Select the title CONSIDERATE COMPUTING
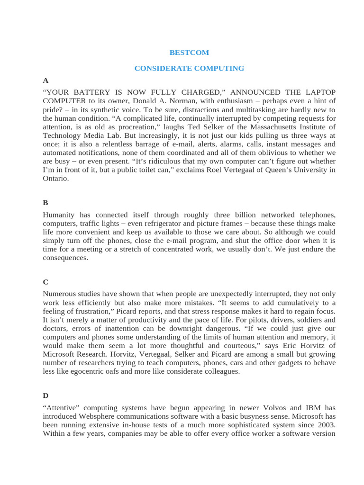(189, 68)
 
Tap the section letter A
(45, 81)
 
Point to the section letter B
(45, 202)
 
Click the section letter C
(45, 282)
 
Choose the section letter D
(45, 395)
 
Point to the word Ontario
(55, 179)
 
